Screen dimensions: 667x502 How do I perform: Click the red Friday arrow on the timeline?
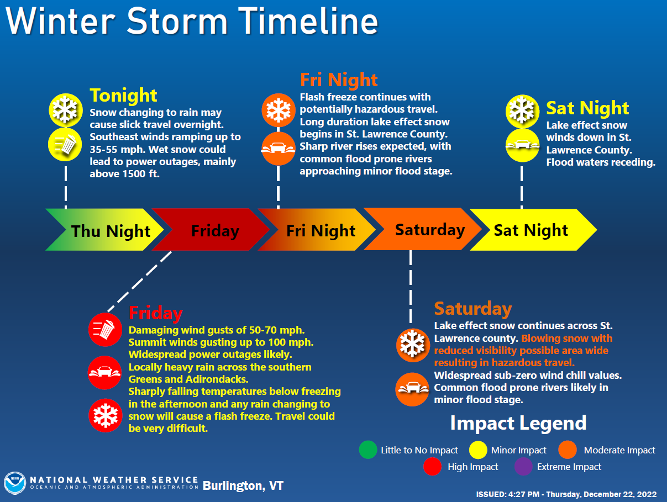tap(213, 230)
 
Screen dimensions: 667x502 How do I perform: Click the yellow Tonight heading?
tap(123, 96)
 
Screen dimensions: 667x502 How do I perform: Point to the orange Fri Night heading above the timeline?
tap(339, 80)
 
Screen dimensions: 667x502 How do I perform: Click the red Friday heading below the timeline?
tap(156, 313)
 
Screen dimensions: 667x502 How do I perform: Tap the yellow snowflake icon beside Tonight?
tap(66, 110)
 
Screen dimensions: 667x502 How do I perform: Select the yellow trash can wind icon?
tap(65, 145)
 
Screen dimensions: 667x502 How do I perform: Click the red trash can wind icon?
tap(105, 330)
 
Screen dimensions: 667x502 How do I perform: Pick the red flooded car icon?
tap(105, 373)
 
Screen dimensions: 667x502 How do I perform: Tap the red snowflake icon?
tap(106, 415)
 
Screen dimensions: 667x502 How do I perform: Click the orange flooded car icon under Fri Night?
tap(279, 149)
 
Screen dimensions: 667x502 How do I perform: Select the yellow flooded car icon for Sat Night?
tap(522, 145)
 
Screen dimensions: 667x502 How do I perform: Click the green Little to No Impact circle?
tap(368, 450)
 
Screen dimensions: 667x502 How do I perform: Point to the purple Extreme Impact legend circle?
tap(523, 467)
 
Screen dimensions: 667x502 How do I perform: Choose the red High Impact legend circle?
tap(432, 467)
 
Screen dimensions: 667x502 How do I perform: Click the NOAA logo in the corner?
tap(15, 483)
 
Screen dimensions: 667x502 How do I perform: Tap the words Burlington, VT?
tap(243, 485)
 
